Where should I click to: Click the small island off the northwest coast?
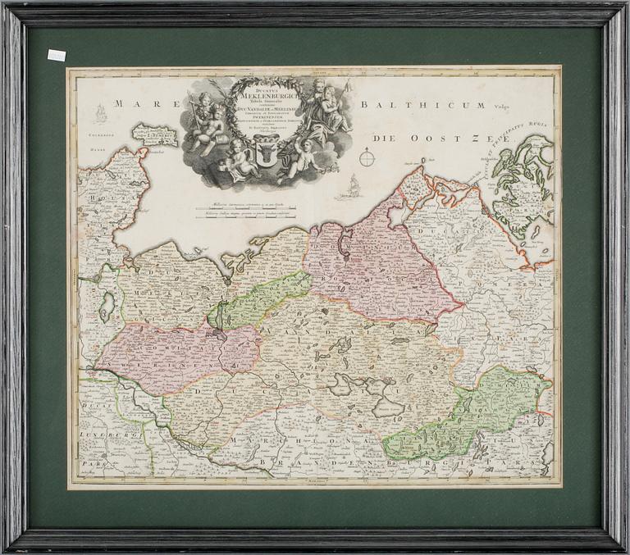pyautogui.click(x=154, y=134)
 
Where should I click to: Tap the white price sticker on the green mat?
pyautogui.click(x=55, y=55)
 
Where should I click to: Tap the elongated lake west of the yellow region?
pyautogui.click(x=106, y=307)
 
